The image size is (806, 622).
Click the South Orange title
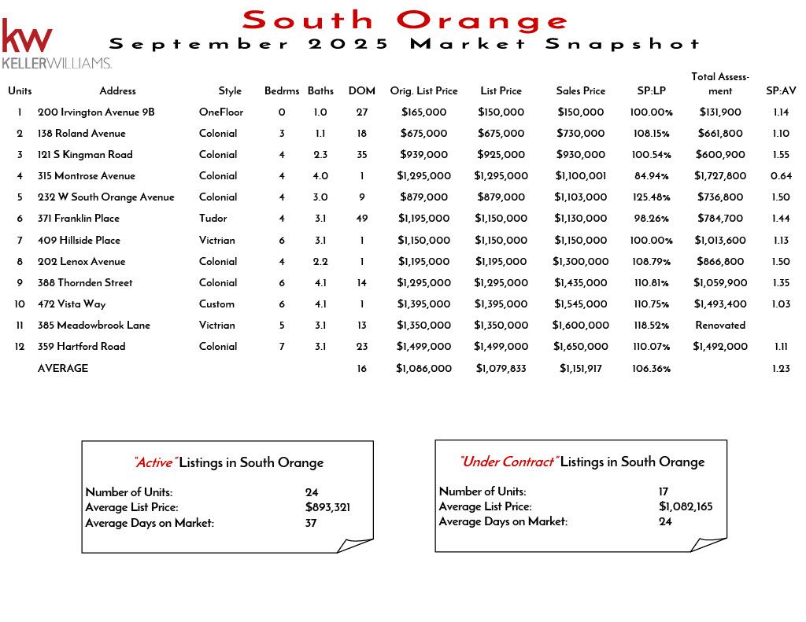(x=405, y=20)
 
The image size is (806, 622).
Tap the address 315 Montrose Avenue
(x=87, y=176)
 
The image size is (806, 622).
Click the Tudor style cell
(x=213, y=219)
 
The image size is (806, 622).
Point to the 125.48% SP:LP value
(x=651, y=197)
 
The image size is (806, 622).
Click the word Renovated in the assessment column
(x=719, y=326)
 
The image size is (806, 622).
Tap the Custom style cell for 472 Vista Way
(x=216, y=304)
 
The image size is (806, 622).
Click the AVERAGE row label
(x=63, y=369)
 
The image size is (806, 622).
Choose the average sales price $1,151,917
(x=580, y=369)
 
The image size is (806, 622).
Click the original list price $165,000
(x=423, y=112)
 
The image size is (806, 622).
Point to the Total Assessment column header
(x=719, y=83)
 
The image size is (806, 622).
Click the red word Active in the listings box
(x=155, y=463)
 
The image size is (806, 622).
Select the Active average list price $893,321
(x=327, y=508)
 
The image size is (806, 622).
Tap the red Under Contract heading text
(x=508, y=462)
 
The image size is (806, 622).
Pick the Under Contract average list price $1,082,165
(x=685, y=507)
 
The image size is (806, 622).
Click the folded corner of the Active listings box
(x=356, y=545)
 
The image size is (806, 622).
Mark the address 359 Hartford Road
(x=81, y=347)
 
